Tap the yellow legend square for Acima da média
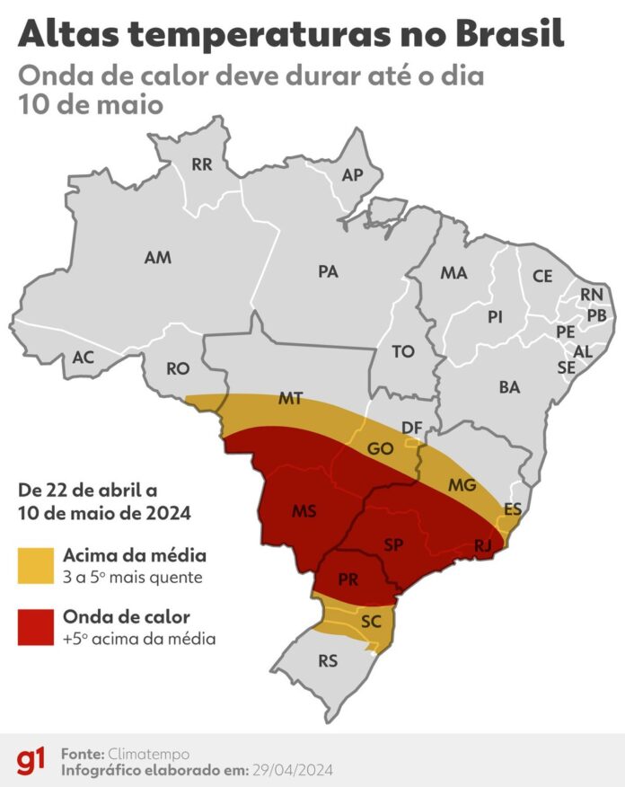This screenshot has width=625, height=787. pos(36,564)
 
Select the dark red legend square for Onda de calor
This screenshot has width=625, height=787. pos(36,627)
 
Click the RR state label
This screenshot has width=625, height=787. pos(203,164)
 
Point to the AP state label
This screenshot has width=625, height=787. pos(352,175)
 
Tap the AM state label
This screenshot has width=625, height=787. pos(157,258)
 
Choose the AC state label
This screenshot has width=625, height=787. pos(84,358)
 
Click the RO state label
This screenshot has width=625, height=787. pos(178,368)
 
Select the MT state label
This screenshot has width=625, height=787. pos(290,398)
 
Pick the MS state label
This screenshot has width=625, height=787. pos(303,510)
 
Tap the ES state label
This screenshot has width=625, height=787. pos(513,509)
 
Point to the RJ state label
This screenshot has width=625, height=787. pos(481,545)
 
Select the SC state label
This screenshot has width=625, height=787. pos(372,621)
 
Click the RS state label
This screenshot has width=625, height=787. pos(328,661)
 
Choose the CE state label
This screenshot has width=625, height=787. pos(542,277)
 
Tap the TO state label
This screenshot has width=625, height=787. pos(403,351)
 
